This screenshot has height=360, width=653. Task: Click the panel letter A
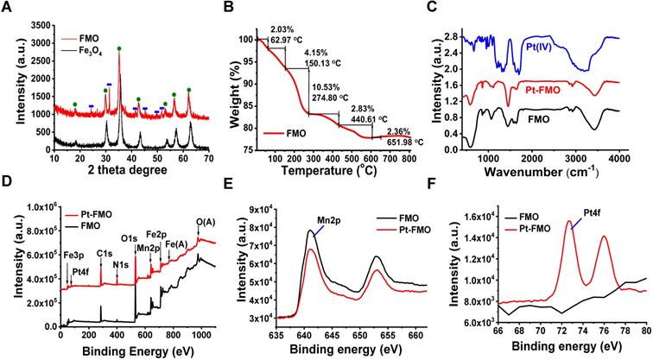pos(8,8)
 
